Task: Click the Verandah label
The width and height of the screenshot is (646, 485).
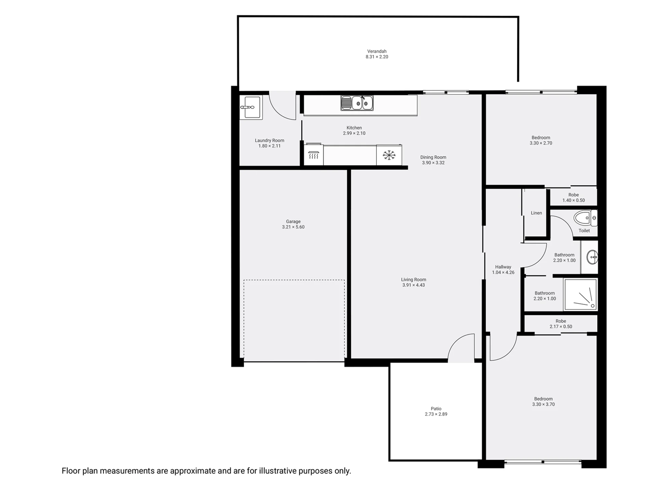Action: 377,51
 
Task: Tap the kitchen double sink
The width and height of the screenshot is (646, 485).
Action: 357,103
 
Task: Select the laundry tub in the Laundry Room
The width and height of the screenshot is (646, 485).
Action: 251,107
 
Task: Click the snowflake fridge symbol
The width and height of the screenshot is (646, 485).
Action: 389,155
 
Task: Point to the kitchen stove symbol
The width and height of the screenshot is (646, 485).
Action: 313,156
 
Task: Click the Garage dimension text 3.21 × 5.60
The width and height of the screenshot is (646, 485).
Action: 293,227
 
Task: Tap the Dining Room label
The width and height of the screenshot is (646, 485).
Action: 433,157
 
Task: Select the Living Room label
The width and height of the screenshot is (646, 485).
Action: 414,279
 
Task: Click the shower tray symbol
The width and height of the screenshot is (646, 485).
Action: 580,295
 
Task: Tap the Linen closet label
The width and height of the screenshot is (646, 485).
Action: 536,213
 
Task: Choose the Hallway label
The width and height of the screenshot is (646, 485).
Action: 503,267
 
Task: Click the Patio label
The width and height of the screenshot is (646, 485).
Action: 436,409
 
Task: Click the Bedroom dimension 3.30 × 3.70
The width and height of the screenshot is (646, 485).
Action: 543,404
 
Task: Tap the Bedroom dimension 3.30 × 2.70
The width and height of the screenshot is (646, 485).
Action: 541,143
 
